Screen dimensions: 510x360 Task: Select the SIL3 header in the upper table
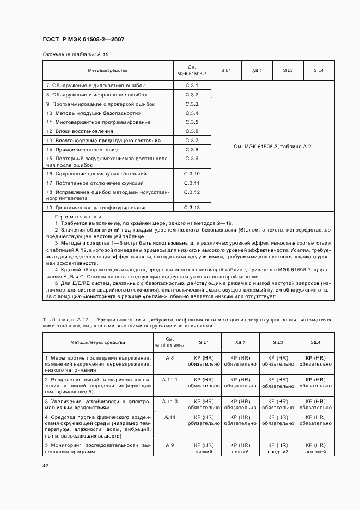[288, 70]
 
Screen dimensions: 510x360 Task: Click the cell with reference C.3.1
[191, 86]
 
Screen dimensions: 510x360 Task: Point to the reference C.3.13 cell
[192, 208]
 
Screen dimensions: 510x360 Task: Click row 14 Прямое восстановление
[82, 149]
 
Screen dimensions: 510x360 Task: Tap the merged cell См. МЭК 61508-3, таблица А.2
[272, 147]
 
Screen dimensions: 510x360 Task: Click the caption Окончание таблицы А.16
[76, 54]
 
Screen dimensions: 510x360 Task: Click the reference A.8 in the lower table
[169, 358]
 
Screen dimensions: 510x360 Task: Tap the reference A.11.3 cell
[170, 402]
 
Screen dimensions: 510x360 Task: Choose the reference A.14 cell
[169, 417]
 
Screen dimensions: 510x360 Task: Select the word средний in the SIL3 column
[278, 452]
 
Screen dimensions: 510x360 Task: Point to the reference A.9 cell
[169, 445]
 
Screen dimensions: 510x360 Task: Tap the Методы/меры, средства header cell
[97, 342]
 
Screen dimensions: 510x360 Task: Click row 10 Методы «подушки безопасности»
[90, 113]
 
